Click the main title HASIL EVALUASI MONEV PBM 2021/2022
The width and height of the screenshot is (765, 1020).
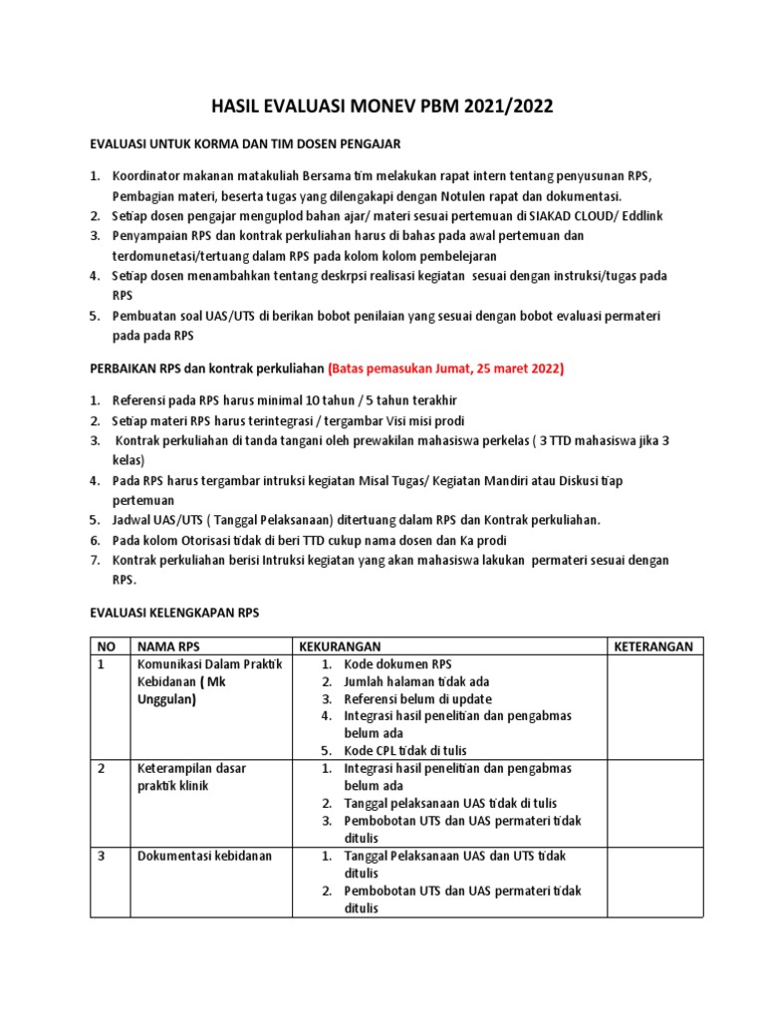(x=382, y=107)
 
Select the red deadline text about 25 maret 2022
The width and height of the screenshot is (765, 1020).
(x=445, y=369)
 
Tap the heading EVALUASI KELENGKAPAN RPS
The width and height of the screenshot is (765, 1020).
(x=174, y=613)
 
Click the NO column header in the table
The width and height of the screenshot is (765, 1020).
(x=106, y=646)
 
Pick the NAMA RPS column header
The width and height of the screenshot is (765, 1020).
(x=169, y=646)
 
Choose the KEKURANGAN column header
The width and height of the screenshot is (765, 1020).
(x=337, y=646)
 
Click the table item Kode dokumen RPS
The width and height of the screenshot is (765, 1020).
(x=397, y=664)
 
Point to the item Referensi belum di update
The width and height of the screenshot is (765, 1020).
(x=417, y=699)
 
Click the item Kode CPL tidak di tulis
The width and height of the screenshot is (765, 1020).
(x=404, y=750)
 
